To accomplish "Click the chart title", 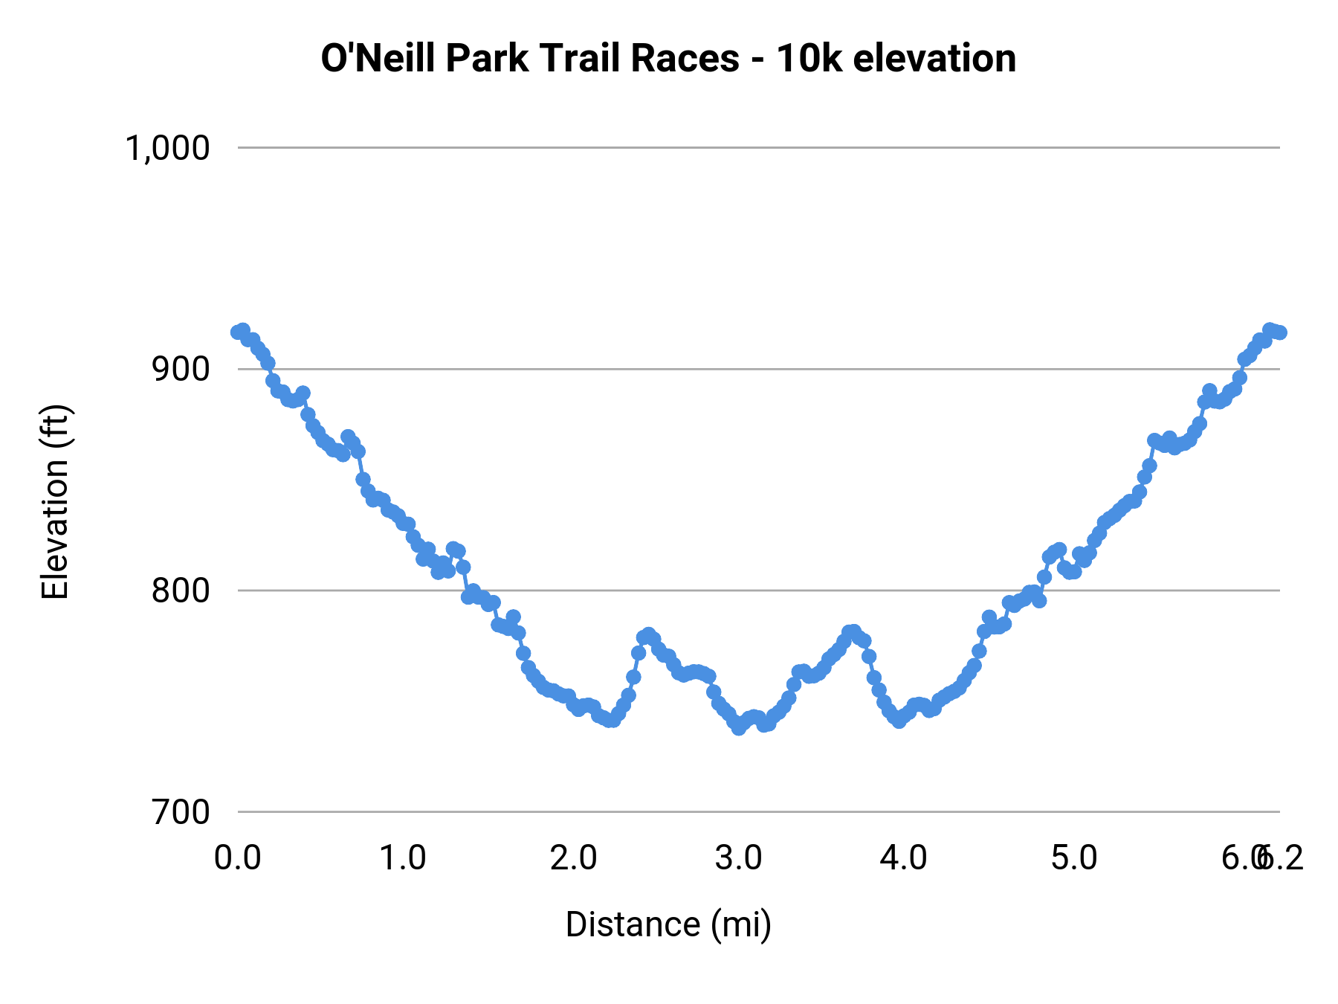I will (x=668, y=58).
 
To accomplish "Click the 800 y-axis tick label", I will (x=181, y=591).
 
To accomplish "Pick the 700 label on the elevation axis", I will (x=181, y=812).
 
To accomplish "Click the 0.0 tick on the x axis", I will (x=238, y=858).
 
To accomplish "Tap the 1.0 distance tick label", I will (x=403, y=858).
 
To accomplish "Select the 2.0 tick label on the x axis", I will (x=573, y=858).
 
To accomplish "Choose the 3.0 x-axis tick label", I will (x=739, y=858).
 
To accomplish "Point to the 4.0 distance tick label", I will (x=904, y=858).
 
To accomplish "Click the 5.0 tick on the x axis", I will (x=1074, y=858).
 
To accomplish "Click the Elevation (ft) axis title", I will (x=55, y=502).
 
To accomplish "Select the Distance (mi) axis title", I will (x=668, y=924).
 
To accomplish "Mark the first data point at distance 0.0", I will (x=238, y=332).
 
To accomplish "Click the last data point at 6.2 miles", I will (x=1279, y=332).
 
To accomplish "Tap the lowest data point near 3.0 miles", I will (x=738, y=728).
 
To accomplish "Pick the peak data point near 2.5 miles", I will (x=648, y=634).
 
